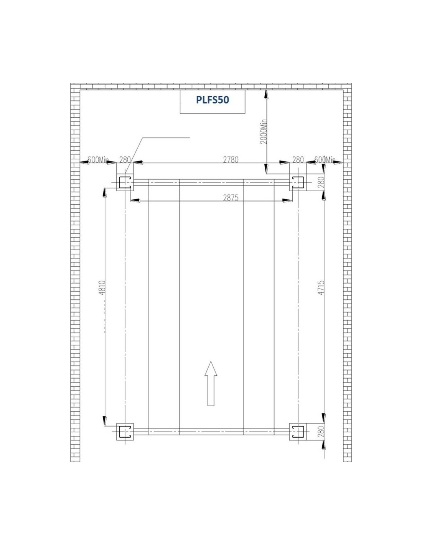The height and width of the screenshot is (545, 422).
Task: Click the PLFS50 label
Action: pyautogui.click(x=213, y=100)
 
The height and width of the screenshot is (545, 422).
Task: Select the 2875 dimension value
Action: pyautogui.click(x=231, y=198)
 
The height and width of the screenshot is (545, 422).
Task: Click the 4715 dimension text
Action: pyautogui.click(x=321, y=288)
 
